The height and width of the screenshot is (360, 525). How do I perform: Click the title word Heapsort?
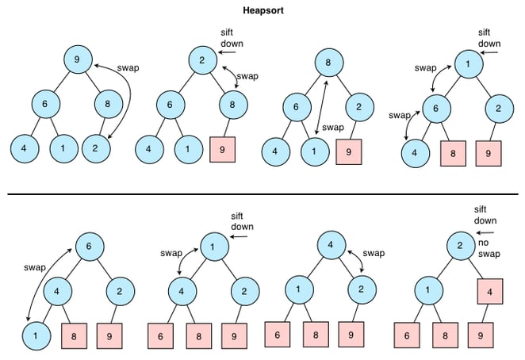point(263,10)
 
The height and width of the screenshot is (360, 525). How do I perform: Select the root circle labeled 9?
point(78,59)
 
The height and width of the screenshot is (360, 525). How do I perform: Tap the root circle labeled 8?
point(328,63)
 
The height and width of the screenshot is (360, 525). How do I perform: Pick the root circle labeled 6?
point(90,247)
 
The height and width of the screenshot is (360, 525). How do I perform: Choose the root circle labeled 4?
point(331,245)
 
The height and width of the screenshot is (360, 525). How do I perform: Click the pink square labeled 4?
point(490,291)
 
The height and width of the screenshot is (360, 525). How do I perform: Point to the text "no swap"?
point(489,248)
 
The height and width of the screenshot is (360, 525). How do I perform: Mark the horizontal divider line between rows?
point(262,194)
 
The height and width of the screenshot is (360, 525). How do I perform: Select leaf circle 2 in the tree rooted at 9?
point(96,148)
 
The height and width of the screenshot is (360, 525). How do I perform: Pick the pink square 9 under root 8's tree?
point(349,152)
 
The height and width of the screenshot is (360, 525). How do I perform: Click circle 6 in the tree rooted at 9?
point(46,104)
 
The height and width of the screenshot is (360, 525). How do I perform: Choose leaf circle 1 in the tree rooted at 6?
point(36,335)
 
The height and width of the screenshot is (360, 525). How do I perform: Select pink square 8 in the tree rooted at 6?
point(74,336)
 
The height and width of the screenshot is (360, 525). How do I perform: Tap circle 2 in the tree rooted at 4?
point(362,289)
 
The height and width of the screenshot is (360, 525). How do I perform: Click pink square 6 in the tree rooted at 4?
point(278,335)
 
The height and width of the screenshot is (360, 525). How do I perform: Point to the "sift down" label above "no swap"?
point(485,215)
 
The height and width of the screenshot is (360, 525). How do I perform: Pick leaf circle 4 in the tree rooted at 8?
point(275,151)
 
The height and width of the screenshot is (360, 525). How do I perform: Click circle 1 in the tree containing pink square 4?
point(428,290)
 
